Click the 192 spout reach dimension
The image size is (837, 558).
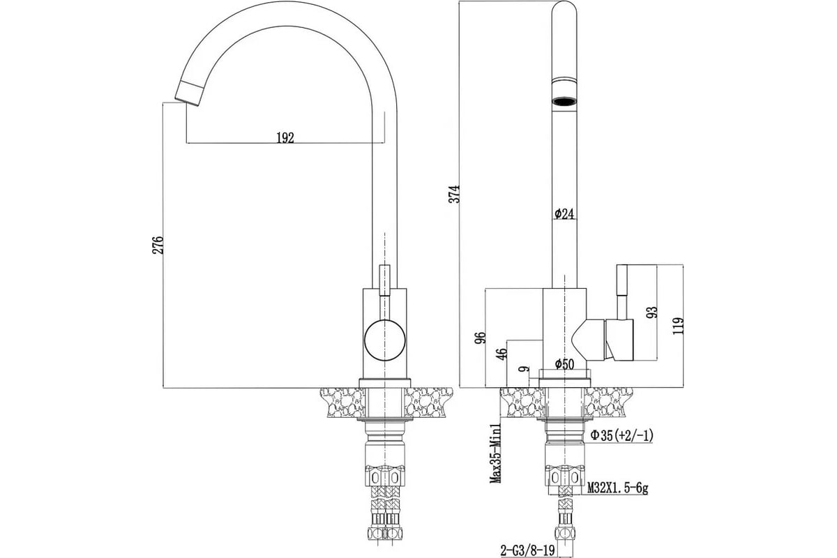(x=285, y=137)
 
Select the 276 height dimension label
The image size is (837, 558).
(x=158, y=246)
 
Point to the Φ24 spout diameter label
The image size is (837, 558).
(x=564, y=213)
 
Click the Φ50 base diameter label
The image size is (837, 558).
(x=564, y=363)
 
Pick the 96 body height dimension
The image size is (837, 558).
(x=481, y=338)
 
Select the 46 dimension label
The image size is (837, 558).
(x=503, y=354)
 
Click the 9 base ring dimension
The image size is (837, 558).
(x=525, y=369)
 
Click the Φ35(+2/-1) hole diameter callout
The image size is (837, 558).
(x=621, y=435)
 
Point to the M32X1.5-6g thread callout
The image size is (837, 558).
(x=617, y=488)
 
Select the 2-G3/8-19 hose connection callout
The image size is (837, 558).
(x=527, y=550)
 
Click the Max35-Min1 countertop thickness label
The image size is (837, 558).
(x=496, y=453)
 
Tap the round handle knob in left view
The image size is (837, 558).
(x=384, y=340)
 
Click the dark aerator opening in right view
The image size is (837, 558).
(x=564, y=101)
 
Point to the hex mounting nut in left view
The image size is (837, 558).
(x=384, y=476)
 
